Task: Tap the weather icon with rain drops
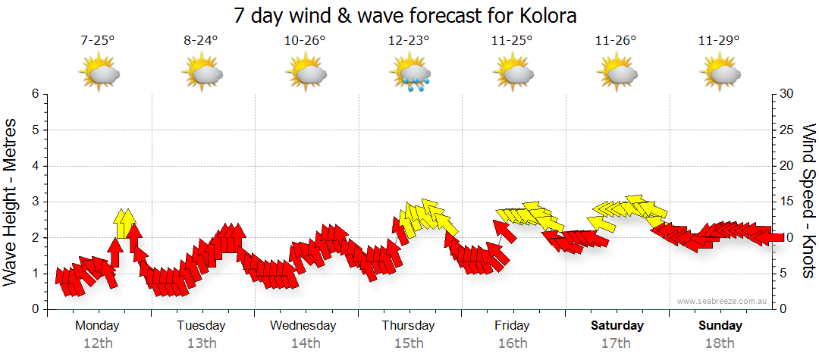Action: tap(410, 74)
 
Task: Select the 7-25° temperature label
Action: tap(98, 41)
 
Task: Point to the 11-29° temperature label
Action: tap(720, 41)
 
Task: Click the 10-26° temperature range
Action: tap(306, 41)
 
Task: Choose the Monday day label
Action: tap(97, 325)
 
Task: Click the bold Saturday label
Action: tap(617, 325)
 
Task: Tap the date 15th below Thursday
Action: tap(409, 343)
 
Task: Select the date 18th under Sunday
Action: tap(720, 343)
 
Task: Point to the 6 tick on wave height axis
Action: tap(35, 94)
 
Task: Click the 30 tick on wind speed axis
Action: tap(786, 94)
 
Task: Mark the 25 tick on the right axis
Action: tap(786, 130)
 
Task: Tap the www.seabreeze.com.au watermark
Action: tap(723, 301)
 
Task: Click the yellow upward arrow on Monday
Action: tap(124, 224)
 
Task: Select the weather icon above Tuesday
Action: tap(202, 74)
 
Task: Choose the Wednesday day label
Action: tap(303, 325)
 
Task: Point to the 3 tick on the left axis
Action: tap(35, 202)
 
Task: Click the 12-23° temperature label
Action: tap(409, 41)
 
